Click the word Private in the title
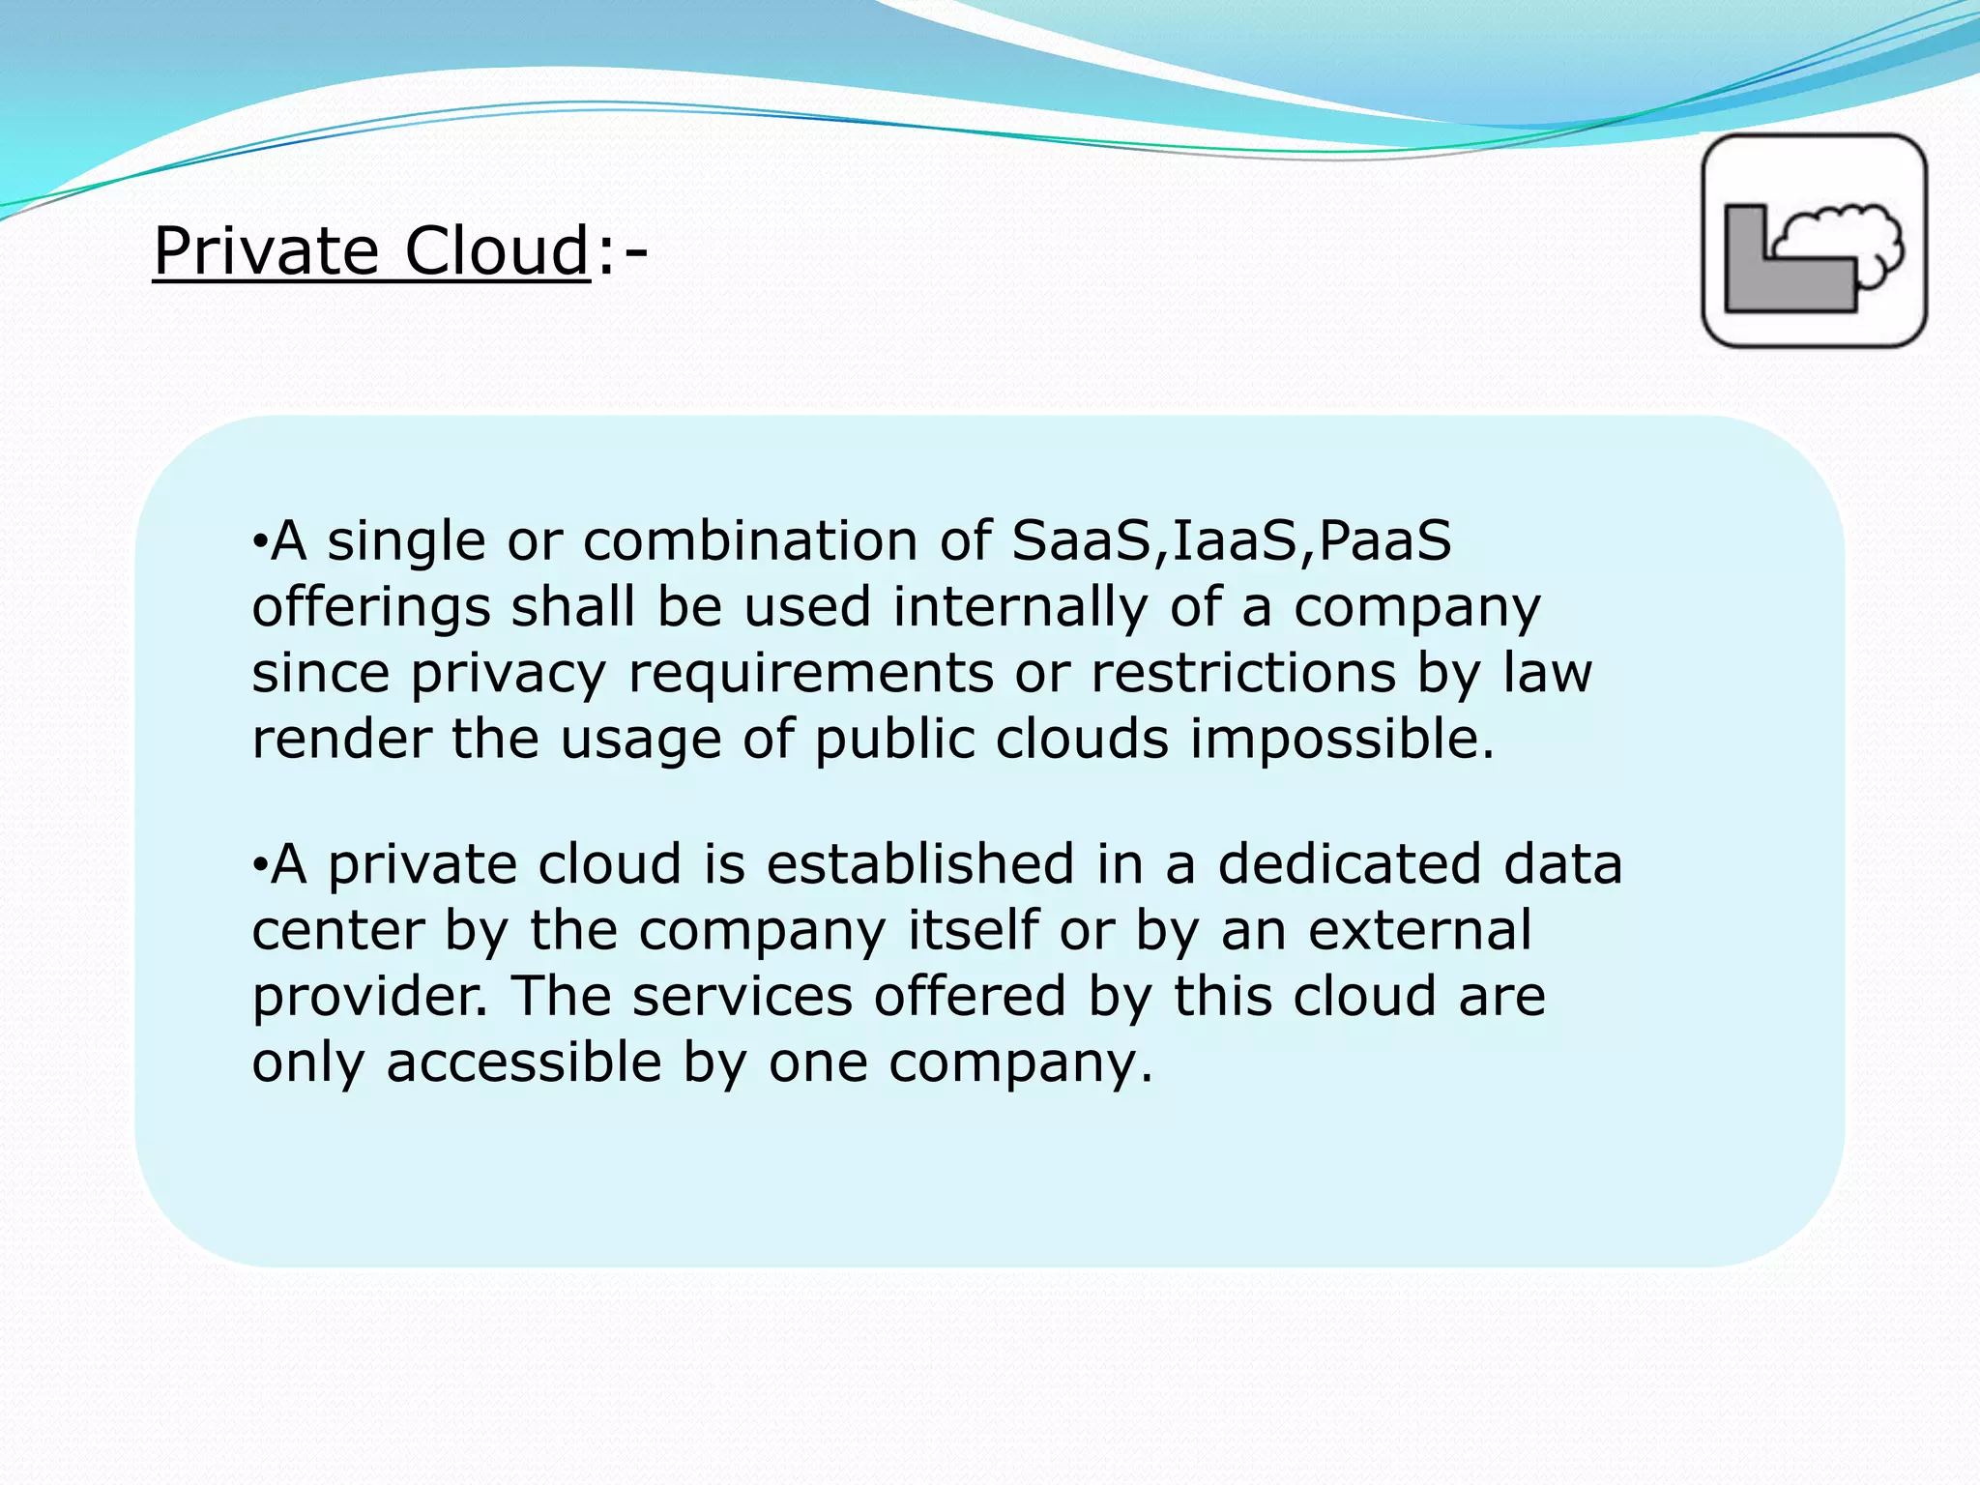(266, 250)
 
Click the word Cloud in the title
(496, 250)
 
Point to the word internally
(1020, 606)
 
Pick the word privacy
(509, 673)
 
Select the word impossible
(1342, 740)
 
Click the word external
(1420, 930)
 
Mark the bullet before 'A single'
(258, 542)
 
